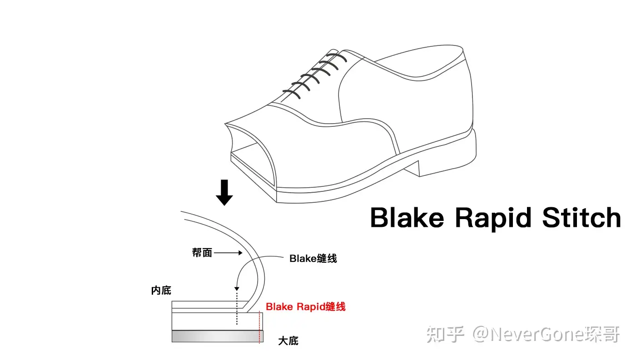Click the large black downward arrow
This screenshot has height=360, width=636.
click(x=224, y=193)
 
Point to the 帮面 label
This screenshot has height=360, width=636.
click(x=202, y=253)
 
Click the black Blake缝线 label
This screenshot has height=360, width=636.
click(x=313, y=259)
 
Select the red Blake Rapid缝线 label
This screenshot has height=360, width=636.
click(x=306, y=307)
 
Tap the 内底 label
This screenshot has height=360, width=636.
click(x=161, y=290)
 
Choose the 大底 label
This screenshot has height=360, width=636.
click(x=288, y=341)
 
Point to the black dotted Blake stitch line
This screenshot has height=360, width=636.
click(x=237, y=309)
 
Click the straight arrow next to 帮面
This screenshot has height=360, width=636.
click(x=228, y=253)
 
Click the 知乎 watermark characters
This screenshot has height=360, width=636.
click(x=445, y=335)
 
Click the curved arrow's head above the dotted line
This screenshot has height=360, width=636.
click(x=237, y=289)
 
